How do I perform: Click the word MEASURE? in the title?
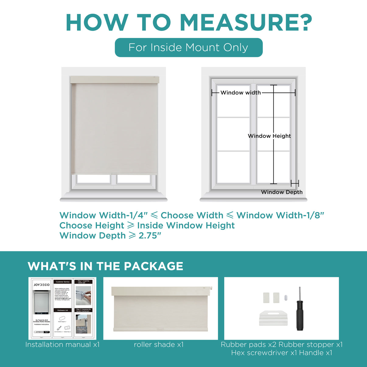click(246, 23)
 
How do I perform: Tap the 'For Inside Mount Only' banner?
click(188, 47)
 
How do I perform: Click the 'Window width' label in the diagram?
click(240, 93)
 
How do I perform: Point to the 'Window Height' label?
click(269, 136)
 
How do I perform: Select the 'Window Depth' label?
click(282, 192)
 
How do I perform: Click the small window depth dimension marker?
click(295, 183)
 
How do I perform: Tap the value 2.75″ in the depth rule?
click(150, 236)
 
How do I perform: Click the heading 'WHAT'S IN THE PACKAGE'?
click(105, 266)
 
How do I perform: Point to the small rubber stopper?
click(286, 297)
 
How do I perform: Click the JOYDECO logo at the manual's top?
click(41, 285)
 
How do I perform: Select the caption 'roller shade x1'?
click(159, 344)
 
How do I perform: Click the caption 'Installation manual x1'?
click(62, 344)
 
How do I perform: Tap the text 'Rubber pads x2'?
click(248, 344)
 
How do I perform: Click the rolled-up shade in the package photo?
click(161, 309)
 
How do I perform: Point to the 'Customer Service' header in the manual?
click(63, 282)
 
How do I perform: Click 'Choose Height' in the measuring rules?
click(92, 225)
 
